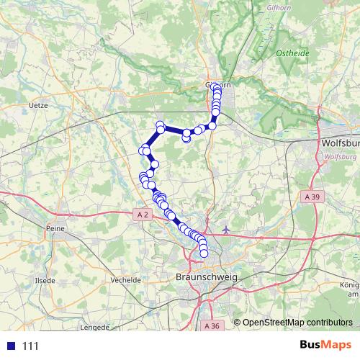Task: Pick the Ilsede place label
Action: tap(45, 279)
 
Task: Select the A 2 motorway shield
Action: tap(142, 214)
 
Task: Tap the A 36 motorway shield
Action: tap(212, 326)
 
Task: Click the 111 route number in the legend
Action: tap(30, 346)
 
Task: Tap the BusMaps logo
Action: tap(325, 346)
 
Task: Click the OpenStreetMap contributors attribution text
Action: tap(297, 323)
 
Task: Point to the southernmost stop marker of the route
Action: tap(204, 253)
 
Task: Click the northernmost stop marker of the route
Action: tap(216, 86)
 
